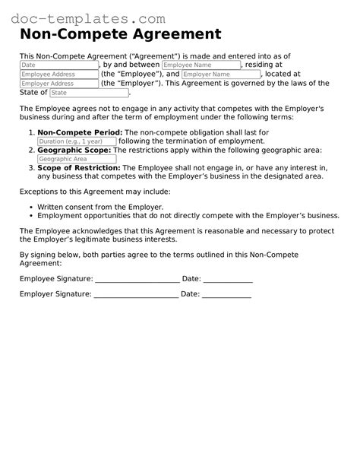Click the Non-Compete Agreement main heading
(120, 34)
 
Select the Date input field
(58, 65)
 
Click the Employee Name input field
(201, 65)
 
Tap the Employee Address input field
(58, 74)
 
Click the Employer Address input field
(58, 84)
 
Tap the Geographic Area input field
(77, 159)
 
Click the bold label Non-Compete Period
(80, 132)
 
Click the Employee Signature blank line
(137, 279)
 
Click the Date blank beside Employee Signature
(228, 279)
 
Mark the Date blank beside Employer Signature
(226, 293)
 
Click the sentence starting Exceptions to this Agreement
(95, 192)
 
